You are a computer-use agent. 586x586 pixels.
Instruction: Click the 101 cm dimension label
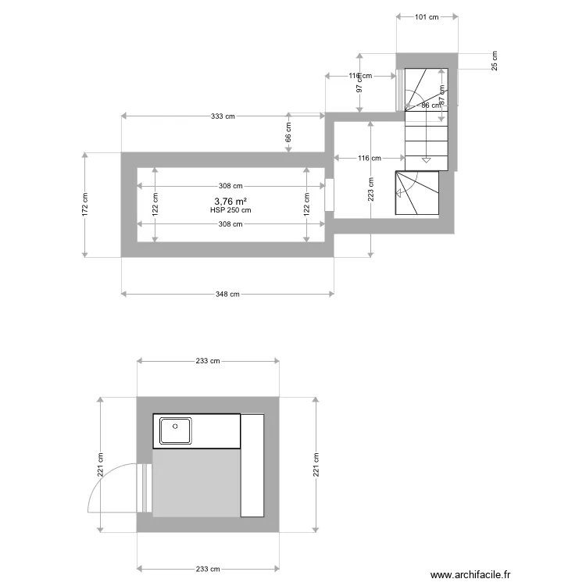[x=426, y=16]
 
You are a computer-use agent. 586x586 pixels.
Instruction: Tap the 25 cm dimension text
[x=495, y=60]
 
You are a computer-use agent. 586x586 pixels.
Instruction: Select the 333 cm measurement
[x=223, y=116]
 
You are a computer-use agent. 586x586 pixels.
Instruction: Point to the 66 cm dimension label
[x=288, y=132]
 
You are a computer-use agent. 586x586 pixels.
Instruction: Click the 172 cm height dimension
[x=85, y=205]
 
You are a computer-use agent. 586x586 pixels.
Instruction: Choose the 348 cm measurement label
[x=227, y=295]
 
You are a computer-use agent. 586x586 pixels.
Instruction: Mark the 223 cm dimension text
[x=371, y=188]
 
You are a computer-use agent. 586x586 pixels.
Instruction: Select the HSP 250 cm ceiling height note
[x=230, y=210]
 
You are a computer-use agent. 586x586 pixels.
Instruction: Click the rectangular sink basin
[x=176, y=431]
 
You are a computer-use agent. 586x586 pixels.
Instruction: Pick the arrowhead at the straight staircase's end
[x=426, y=160]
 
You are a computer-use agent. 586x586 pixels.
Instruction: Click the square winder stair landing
[x=417, y=192]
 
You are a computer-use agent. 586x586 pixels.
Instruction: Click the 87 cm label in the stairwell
[x=442, y=95]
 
